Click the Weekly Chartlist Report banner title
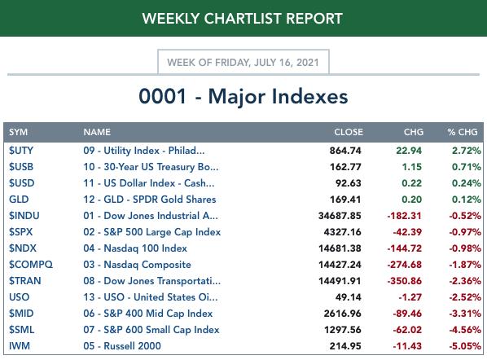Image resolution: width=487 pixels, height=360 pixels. pos(243,19)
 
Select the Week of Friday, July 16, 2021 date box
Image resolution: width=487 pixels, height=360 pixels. pos(243,62)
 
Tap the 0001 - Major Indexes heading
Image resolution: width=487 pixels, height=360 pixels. pos(243,96)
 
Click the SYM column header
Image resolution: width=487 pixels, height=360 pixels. pos(19,132)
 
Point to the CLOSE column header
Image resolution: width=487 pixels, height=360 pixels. pos(349,132)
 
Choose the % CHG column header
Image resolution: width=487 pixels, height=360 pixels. pos(463,132)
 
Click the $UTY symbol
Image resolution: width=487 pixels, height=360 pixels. pos(21,151)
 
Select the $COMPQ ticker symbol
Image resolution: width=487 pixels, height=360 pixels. pos(31,265)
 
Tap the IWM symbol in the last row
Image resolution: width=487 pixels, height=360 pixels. pos(20,346)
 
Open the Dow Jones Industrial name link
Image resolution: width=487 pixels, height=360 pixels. pos(151,216)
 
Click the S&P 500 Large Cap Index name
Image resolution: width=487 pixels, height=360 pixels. pos(151,232)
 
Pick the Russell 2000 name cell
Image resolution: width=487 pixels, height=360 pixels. pos(122,346)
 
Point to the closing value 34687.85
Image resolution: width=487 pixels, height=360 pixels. pos(340,216)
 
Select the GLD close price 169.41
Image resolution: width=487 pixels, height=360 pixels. pos(345,200)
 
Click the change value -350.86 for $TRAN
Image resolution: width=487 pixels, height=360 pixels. pos(405,281)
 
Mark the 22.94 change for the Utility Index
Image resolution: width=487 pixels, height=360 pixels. pos(409,151)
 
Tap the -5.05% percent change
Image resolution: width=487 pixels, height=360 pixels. pos(465,346)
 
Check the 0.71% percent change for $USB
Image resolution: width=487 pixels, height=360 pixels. pos(467,167)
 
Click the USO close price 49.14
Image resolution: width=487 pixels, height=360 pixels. pos(349,297)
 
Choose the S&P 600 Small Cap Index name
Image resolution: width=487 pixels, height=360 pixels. pos(151,330)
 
